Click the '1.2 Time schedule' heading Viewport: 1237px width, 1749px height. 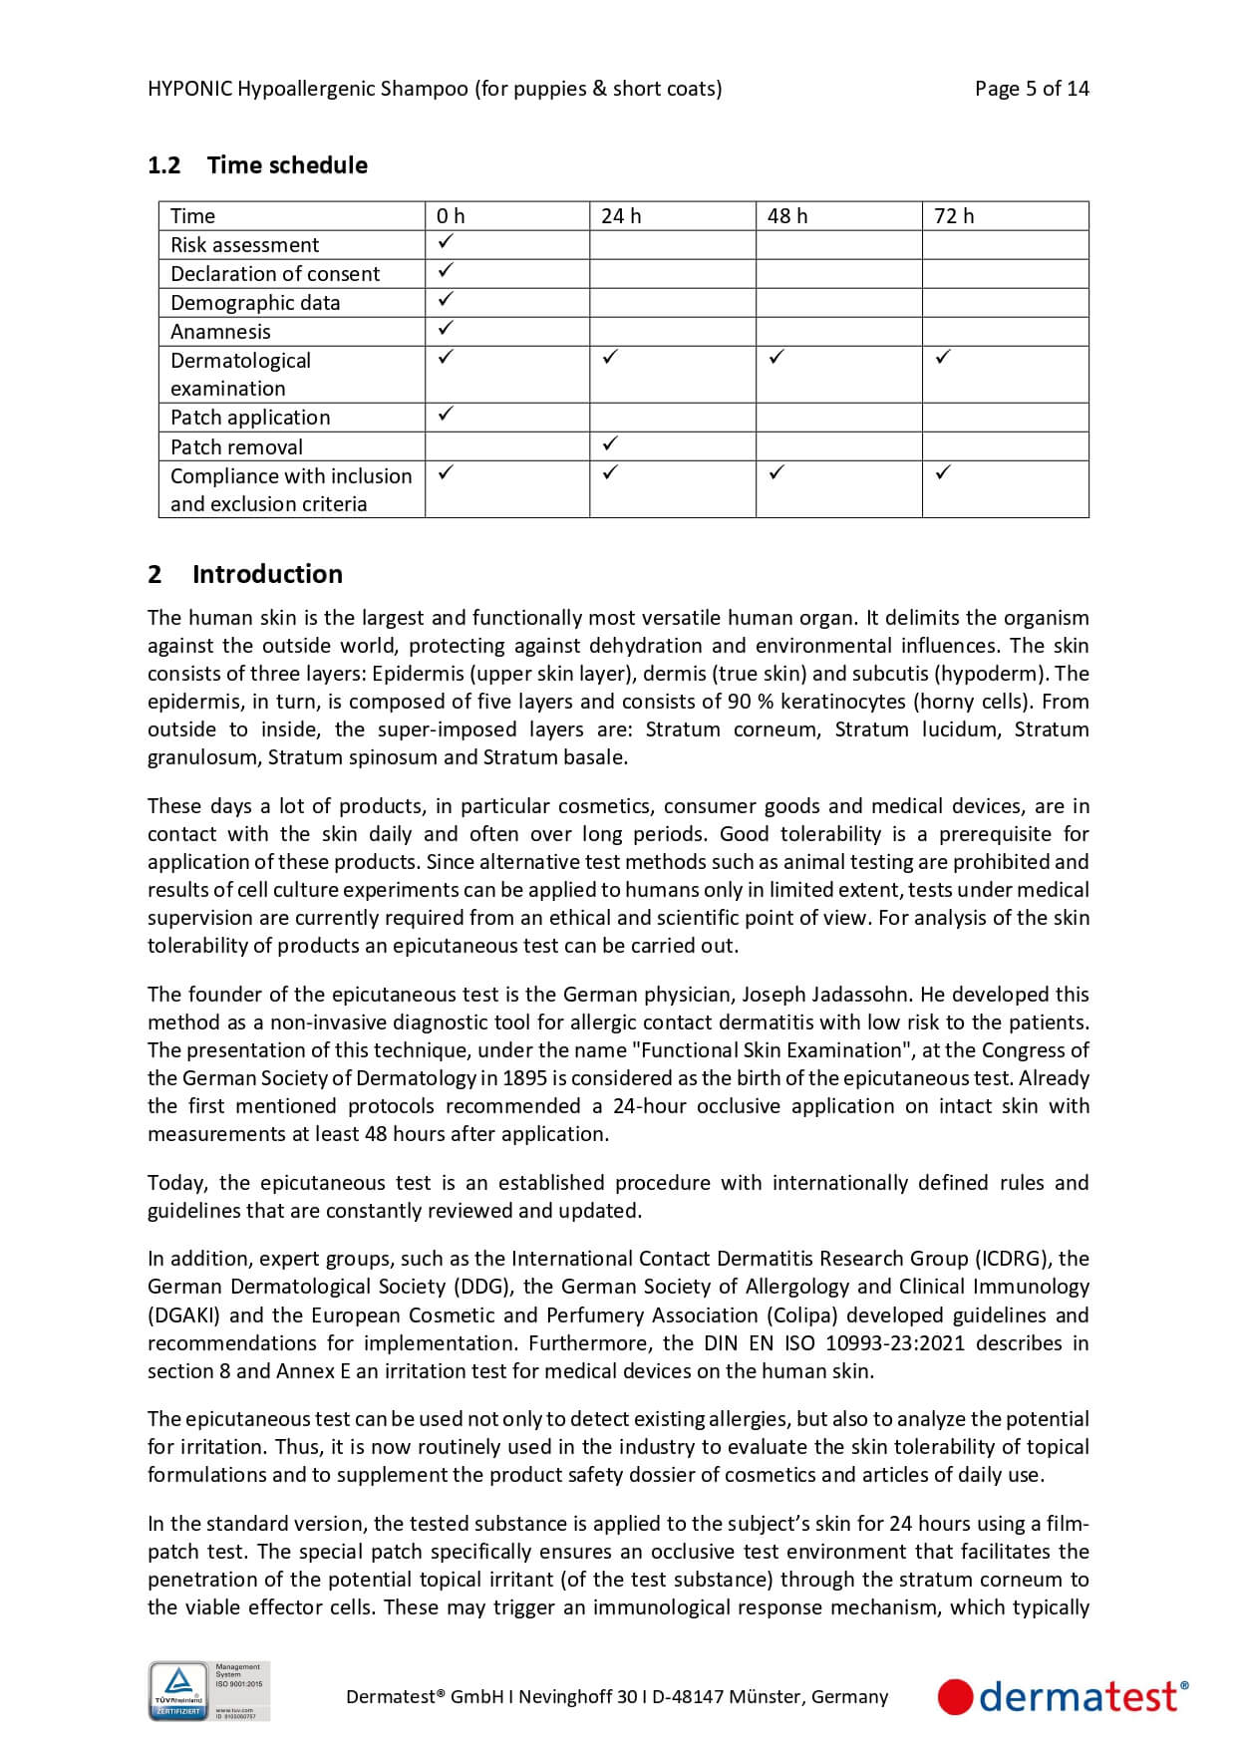tap(257, 165)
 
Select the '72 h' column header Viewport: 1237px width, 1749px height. tap(954, 216)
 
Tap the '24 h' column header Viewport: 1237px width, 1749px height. tap(621, 216)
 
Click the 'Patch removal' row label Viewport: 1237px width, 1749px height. tap(236, 447)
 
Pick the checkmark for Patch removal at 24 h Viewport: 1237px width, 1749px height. tap(611, 442)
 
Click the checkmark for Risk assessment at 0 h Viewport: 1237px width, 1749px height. tap(446, 241)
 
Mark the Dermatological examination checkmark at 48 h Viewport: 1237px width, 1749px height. tap(777, 356)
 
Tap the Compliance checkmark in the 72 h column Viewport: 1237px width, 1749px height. tap(944, 471)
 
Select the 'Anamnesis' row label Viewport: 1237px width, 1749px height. tap(220, 332)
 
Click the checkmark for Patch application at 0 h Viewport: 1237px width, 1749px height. tap(446, 413)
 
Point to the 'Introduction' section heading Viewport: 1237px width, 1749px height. tap(267, 574)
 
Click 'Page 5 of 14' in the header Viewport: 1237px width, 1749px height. tap(1032, 89)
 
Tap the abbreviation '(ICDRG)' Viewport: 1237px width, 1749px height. tap(1013, 1259)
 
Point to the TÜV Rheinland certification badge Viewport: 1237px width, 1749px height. tap(209, 1690)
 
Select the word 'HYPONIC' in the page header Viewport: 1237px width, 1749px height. tap(189, 89)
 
